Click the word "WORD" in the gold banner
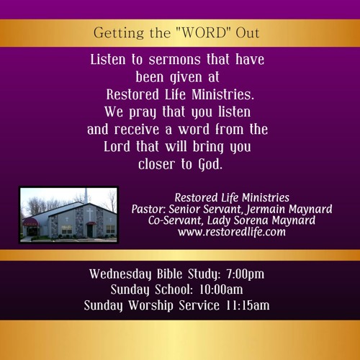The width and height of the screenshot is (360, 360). click(204, 32)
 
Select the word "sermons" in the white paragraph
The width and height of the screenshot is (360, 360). click(174, 60)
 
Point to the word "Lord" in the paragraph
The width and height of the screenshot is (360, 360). click(117, 146)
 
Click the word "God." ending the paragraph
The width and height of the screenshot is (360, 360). click(210, 165)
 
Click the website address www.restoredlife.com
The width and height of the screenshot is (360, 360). click(232, 232)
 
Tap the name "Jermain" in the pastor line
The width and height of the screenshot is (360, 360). click(266, 209)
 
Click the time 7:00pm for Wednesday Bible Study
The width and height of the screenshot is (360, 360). click(245, 274)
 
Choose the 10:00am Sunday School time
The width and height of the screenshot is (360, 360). click(221, 289)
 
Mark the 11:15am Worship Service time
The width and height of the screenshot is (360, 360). click(248, 305)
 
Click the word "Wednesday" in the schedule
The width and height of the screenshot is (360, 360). click(120, 274)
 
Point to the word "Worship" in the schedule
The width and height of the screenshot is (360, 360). click(150, 306)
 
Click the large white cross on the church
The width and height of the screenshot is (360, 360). click(90, 215)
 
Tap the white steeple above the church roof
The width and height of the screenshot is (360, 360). click(86, 195)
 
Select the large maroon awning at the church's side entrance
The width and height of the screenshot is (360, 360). click(30, 222)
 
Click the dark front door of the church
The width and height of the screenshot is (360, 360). click(90, 230)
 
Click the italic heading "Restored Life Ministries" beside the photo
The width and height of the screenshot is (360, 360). click(232, 198)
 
